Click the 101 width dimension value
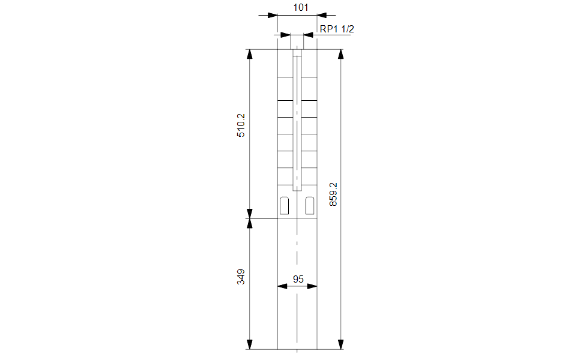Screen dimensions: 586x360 pos(300,7)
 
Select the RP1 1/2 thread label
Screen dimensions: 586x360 pos(337,29)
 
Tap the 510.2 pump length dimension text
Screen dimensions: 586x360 pos(241,125)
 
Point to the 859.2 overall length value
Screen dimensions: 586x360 pos(333,194)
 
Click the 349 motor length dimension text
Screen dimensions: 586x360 pos(241,277)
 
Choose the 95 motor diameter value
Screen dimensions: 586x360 pos(298,279)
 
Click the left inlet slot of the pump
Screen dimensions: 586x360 pos(285,205)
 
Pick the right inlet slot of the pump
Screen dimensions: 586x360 pos(310,205)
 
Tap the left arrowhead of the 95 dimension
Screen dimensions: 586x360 pos(283,286)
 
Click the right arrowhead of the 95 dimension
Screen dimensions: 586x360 pos(312,286)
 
